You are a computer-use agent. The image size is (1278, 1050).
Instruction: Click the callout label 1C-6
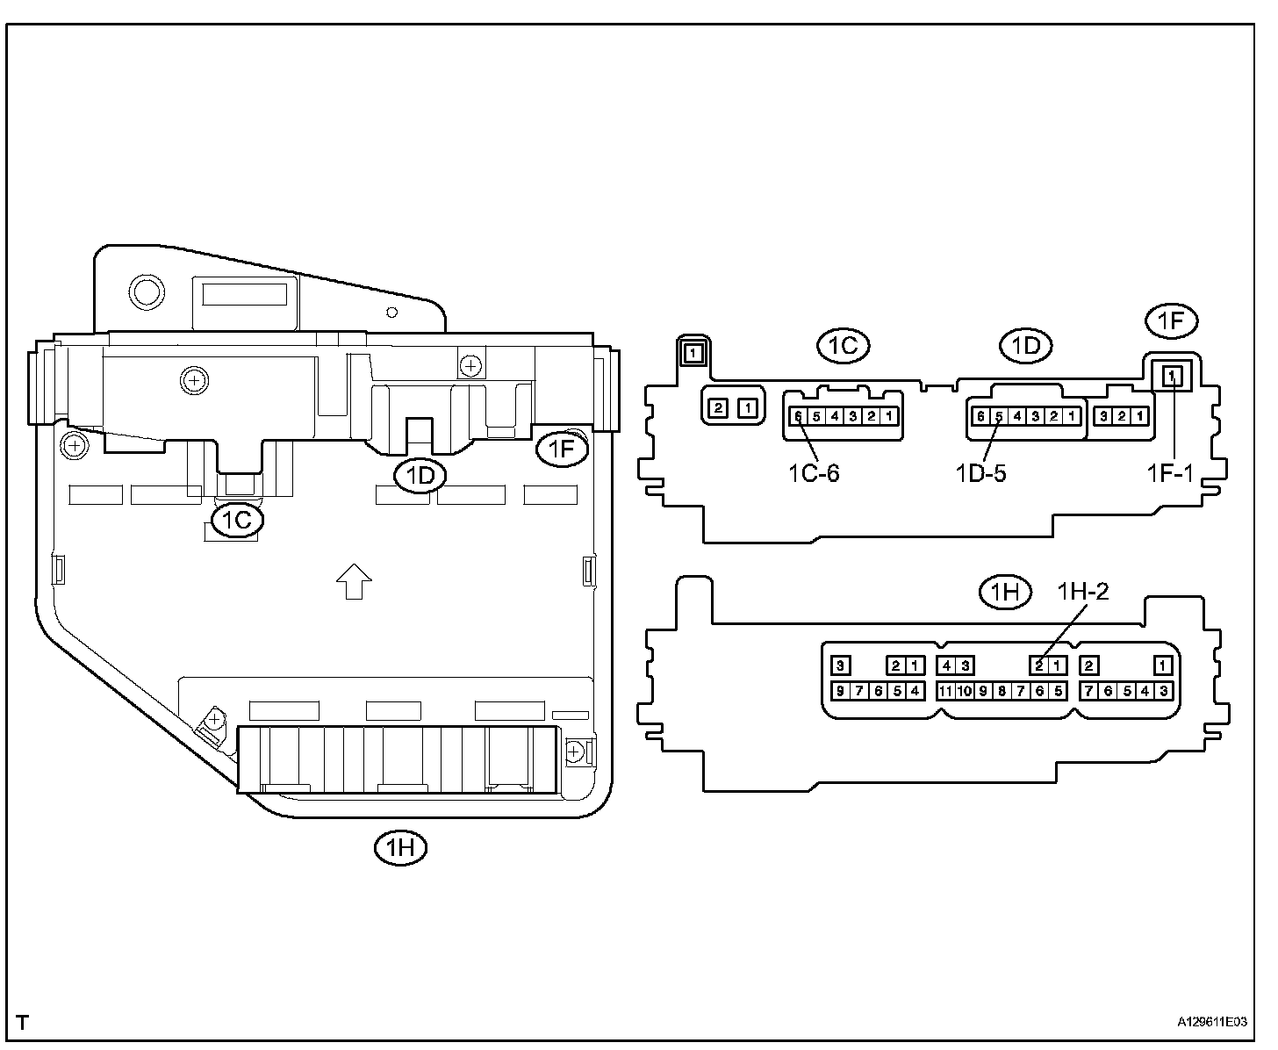click(813, 473)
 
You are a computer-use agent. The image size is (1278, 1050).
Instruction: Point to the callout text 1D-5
click(980, 473)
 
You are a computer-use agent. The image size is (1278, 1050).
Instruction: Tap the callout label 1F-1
click(1170, 473)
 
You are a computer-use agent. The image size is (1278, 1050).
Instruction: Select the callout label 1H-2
click(1082, 592)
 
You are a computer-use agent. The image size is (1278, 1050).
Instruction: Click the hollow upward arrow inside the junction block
click(354, 581)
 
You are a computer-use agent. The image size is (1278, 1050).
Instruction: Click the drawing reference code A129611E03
click(1212, 1023)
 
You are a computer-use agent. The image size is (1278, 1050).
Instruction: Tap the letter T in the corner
click(23, 1023)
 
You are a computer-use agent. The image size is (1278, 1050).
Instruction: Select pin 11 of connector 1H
click(945, 691)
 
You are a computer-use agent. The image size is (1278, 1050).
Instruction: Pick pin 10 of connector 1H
click(964, 691)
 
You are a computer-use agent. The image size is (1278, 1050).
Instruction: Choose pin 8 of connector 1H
click(1002, 691)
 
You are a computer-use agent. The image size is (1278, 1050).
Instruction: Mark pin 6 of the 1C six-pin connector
click(797, 416)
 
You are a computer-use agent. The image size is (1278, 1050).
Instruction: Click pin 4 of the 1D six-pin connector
click(1017, 416)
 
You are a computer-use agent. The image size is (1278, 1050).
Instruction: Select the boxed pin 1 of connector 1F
click(1172, 377)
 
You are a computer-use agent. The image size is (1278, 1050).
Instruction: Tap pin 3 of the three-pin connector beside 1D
click(1103, 416)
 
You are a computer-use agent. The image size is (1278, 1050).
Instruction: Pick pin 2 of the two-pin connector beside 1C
click(718, 407)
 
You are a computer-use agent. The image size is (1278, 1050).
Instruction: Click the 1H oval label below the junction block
click(400, 847)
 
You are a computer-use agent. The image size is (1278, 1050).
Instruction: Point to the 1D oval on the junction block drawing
click(420, 476)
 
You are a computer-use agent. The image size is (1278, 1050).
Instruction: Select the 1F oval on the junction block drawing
click(562, 449)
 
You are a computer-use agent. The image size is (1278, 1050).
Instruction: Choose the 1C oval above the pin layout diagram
click(843, 346)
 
